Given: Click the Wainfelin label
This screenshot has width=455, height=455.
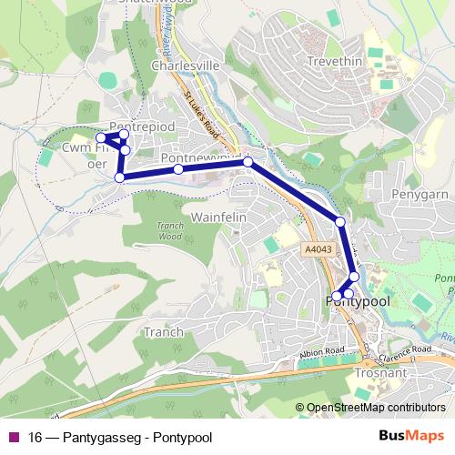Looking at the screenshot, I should [215, 218].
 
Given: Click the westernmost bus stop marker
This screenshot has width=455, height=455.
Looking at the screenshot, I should [101, 138].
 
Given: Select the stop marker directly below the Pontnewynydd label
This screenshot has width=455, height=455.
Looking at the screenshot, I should [178, 169].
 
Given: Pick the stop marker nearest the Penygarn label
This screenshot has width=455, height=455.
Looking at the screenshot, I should [340, 222].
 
